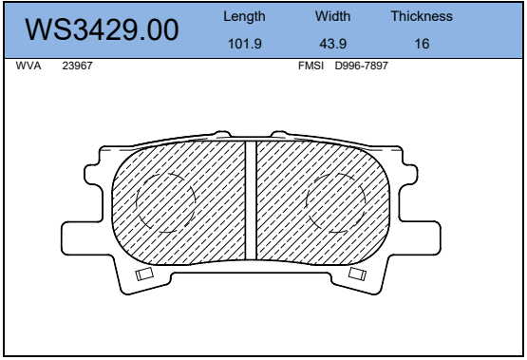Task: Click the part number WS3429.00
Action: (x=102, y=29)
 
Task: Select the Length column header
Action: (x=244, y=16)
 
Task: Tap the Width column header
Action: (x=332, y=16)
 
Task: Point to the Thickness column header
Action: (x=422, y=16)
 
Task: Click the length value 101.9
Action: (x=245, y=44)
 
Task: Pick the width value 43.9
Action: (x=332, y=44)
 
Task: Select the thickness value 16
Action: (x=422, y=44)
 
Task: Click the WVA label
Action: (x=28, y=66)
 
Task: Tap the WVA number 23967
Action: (x=77, y=66)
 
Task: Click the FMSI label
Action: (x=311, y=66)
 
